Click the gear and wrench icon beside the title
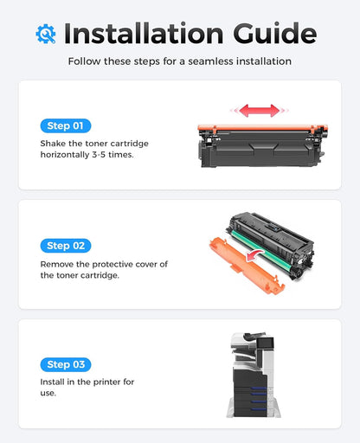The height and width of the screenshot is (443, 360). (46, 34)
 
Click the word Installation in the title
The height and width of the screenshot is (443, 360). (146, 34)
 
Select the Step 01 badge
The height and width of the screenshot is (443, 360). (65, 125)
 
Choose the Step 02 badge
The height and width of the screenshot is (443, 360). (65, 246)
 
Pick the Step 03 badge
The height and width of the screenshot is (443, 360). (65, 364)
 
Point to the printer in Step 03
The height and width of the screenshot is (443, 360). (257, 373)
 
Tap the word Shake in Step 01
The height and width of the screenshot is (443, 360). (55, 142)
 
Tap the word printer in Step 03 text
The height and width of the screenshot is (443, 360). (111, 381)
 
